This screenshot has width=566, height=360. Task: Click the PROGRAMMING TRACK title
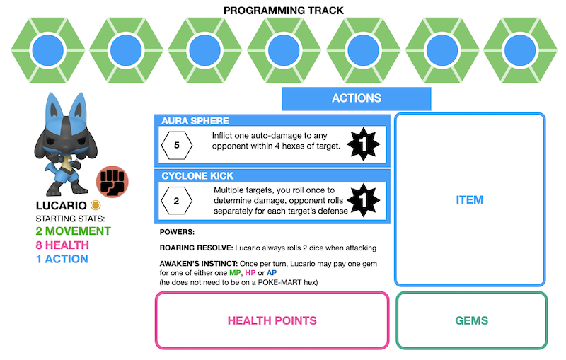pos(283,11)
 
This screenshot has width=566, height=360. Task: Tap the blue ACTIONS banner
pos(357,98)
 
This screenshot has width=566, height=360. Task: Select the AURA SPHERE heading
pos(195,121)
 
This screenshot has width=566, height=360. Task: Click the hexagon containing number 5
pos(176,145)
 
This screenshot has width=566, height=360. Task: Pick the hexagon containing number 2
pos(176,200)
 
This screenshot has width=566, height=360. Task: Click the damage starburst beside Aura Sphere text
pos(366,145)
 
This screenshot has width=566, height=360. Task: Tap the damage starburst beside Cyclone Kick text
pos(366,200)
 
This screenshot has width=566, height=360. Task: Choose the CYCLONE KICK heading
pos(197,175)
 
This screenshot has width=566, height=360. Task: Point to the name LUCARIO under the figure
pos(61,206)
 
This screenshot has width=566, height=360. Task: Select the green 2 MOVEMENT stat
pos(73,231)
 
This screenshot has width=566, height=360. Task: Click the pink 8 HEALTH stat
pos(62,245)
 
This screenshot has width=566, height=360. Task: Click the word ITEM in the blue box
pos(470,200)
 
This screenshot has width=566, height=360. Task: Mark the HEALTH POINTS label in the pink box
pos(272,320)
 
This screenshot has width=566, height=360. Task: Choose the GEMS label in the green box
pos(471,320)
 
